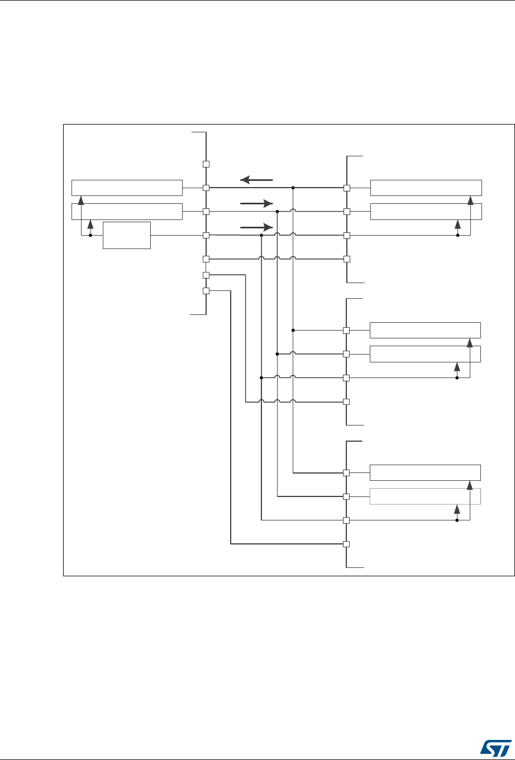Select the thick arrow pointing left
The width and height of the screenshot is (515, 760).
pyautogui.click(x=256, y=180)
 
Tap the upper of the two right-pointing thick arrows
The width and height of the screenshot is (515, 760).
pyautogui.click(x=256, y=204)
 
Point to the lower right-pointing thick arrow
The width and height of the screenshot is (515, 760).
pyautogui.click(x=256, y=227)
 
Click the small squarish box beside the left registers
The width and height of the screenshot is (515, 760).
pyautogui.click(x=127, y=235)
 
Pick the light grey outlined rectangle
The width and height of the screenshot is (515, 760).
pyautogui.click(x=425, y=496)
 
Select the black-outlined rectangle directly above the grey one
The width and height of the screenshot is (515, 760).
pyautogui.click(x=425, y=472)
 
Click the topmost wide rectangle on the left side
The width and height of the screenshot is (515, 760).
pyautogui.click(x=127, y=188)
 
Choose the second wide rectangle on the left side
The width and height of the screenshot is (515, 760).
pyautogui.click(x=127, y=212)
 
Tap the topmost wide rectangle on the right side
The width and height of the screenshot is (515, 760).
pyautogui.click(x=425, y=188)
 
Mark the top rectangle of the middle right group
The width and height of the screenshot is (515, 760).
pyautogui.click(x=425, y=330)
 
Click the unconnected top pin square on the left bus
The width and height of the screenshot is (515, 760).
pyautogui.click(x=206, y=164)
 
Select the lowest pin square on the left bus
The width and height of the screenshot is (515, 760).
pyautogui.click(x=206, y=291)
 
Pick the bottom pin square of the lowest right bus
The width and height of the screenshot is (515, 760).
pyautogui.click(x=346, y=544)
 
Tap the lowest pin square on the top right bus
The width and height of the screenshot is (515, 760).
pyautogui.click(x=346, y=259)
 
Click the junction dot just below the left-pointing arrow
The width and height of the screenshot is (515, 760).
pyautogui.click(x=293, y=188)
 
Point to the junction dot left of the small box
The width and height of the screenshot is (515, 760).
pyautogui.click(x=90, y=235)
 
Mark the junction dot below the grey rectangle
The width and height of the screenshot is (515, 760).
pyautogui.click(x=457, y=520)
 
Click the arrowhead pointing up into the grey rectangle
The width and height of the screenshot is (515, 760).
pyautogui.click(x=457, y=509)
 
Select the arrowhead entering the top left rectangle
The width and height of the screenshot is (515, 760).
pyautogui.click(x=82, y=199)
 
